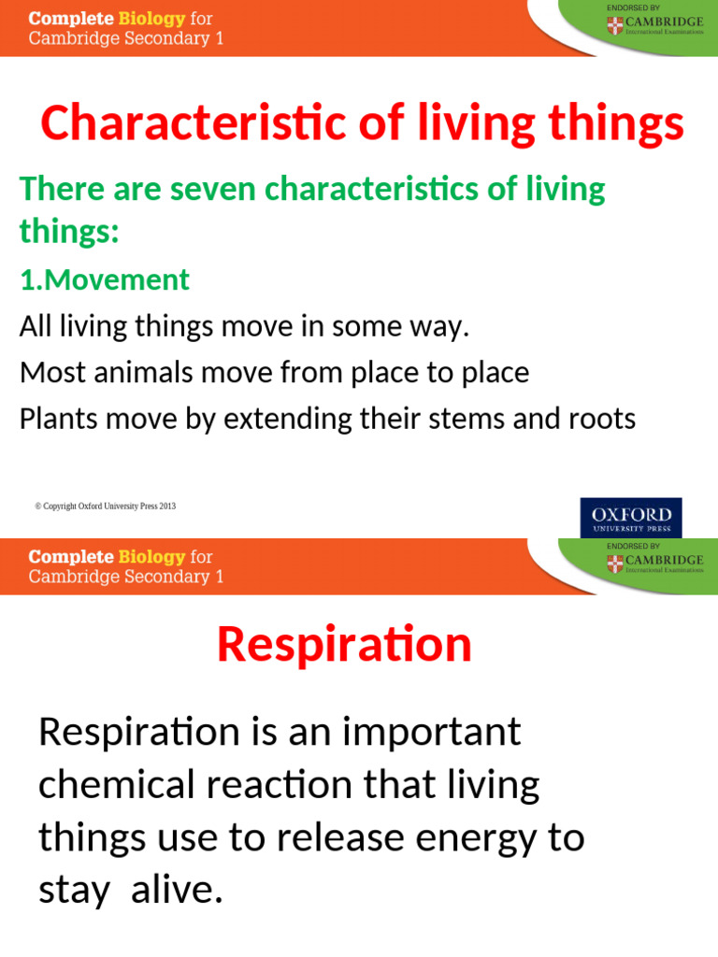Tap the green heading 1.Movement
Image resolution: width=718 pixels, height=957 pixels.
point(105,279)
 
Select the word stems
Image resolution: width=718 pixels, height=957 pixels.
point(480,419)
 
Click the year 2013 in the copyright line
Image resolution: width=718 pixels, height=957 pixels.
point(167,507)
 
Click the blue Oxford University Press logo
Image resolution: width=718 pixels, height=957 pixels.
point(631,518)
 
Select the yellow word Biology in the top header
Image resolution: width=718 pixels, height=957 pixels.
point(151,19)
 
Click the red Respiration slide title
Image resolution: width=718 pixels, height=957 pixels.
point(344,645)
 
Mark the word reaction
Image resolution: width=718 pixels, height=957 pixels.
point(300,785)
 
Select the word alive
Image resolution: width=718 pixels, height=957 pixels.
point(178,890)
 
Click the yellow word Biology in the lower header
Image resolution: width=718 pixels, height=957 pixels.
point(151,557)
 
